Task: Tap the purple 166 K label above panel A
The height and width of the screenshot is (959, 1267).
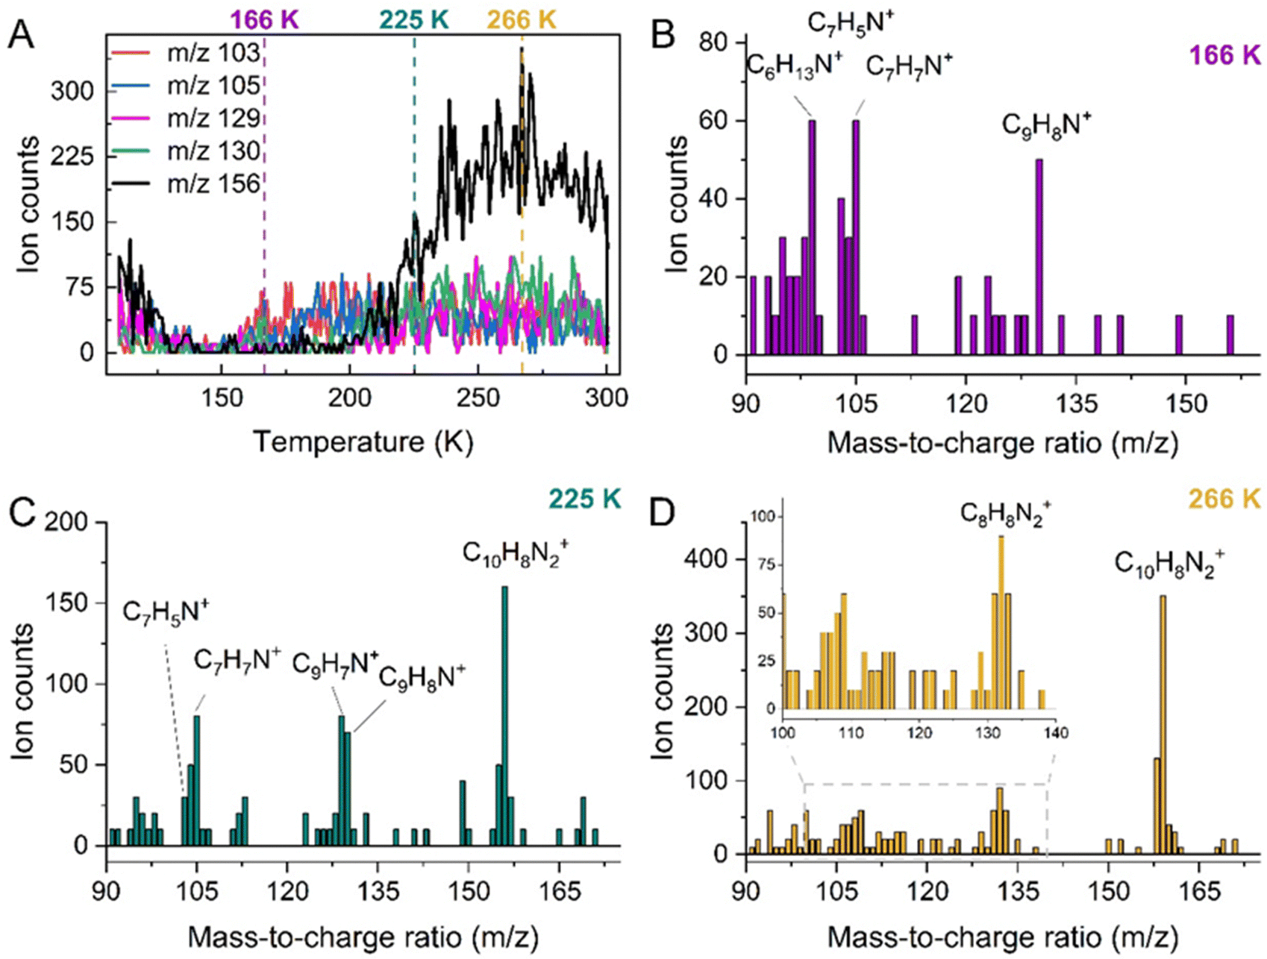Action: pos(264,20)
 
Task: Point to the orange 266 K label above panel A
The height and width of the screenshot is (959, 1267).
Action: pos(522,20)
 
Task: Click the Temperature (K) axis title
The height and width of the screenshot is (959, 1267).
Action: pos(363,441)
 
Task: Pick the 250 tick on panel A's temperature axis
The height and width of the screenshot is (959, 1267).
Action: pos(478,397)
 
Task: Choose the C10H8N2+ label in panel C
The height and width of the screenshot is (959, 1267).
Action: pos(515,554)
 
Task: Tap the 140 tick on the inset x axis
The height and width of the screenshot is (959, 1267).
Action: pos(1054,733)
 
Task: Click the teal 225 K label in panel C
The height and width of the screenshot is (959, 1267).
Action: pos(584,498)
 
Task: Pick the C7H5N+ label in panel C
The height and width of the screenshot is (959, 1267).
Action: pos(166,612)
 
